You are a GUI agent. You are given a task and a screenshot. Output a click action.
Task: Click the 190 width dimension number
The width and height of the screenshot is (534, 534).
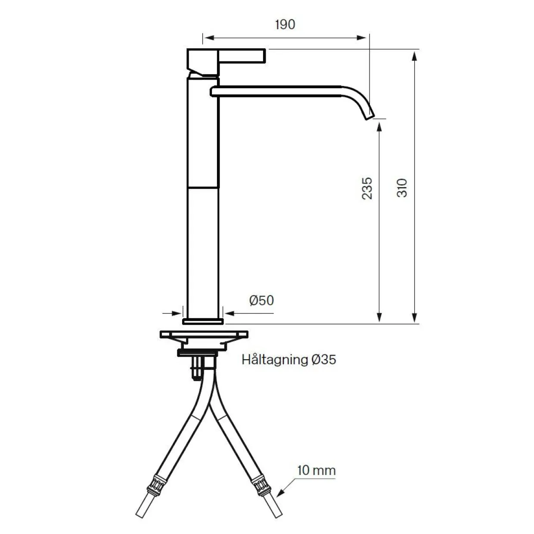pyautogui.click(x=285, y=25)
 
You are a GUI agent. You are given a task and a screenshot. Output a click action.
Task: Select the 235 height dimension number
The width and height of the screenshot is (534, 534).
pyautogui.click(x=367, y=189)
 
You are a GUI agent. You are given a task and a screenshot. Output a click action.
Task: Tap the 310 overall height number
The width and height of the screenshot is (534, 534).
pyautogui.click(x=402, y=188)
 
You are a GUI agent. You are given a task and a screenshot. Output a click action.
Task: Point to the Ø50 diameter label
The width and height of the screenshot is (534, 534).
pyautogui.click(x=261, y=301)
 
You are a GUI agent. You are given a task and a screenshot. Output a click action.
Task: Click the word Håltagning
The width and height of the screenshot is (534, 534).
pyautogui.click(x=275, y=360)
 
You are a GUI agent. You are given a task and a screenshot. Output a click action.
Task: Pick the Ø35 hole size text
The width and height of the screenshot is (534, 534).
pyautogui.click(x=324, y=360)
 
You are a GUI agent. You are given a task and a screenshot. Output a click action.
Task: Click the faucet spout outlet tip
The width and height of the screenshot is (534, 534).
pyautogui.click(x=370, y=117)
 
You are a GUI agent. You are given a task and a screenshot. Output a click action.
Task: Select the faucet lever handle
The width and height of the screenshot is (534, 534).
pyautogui.click(x=242, y=56)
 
